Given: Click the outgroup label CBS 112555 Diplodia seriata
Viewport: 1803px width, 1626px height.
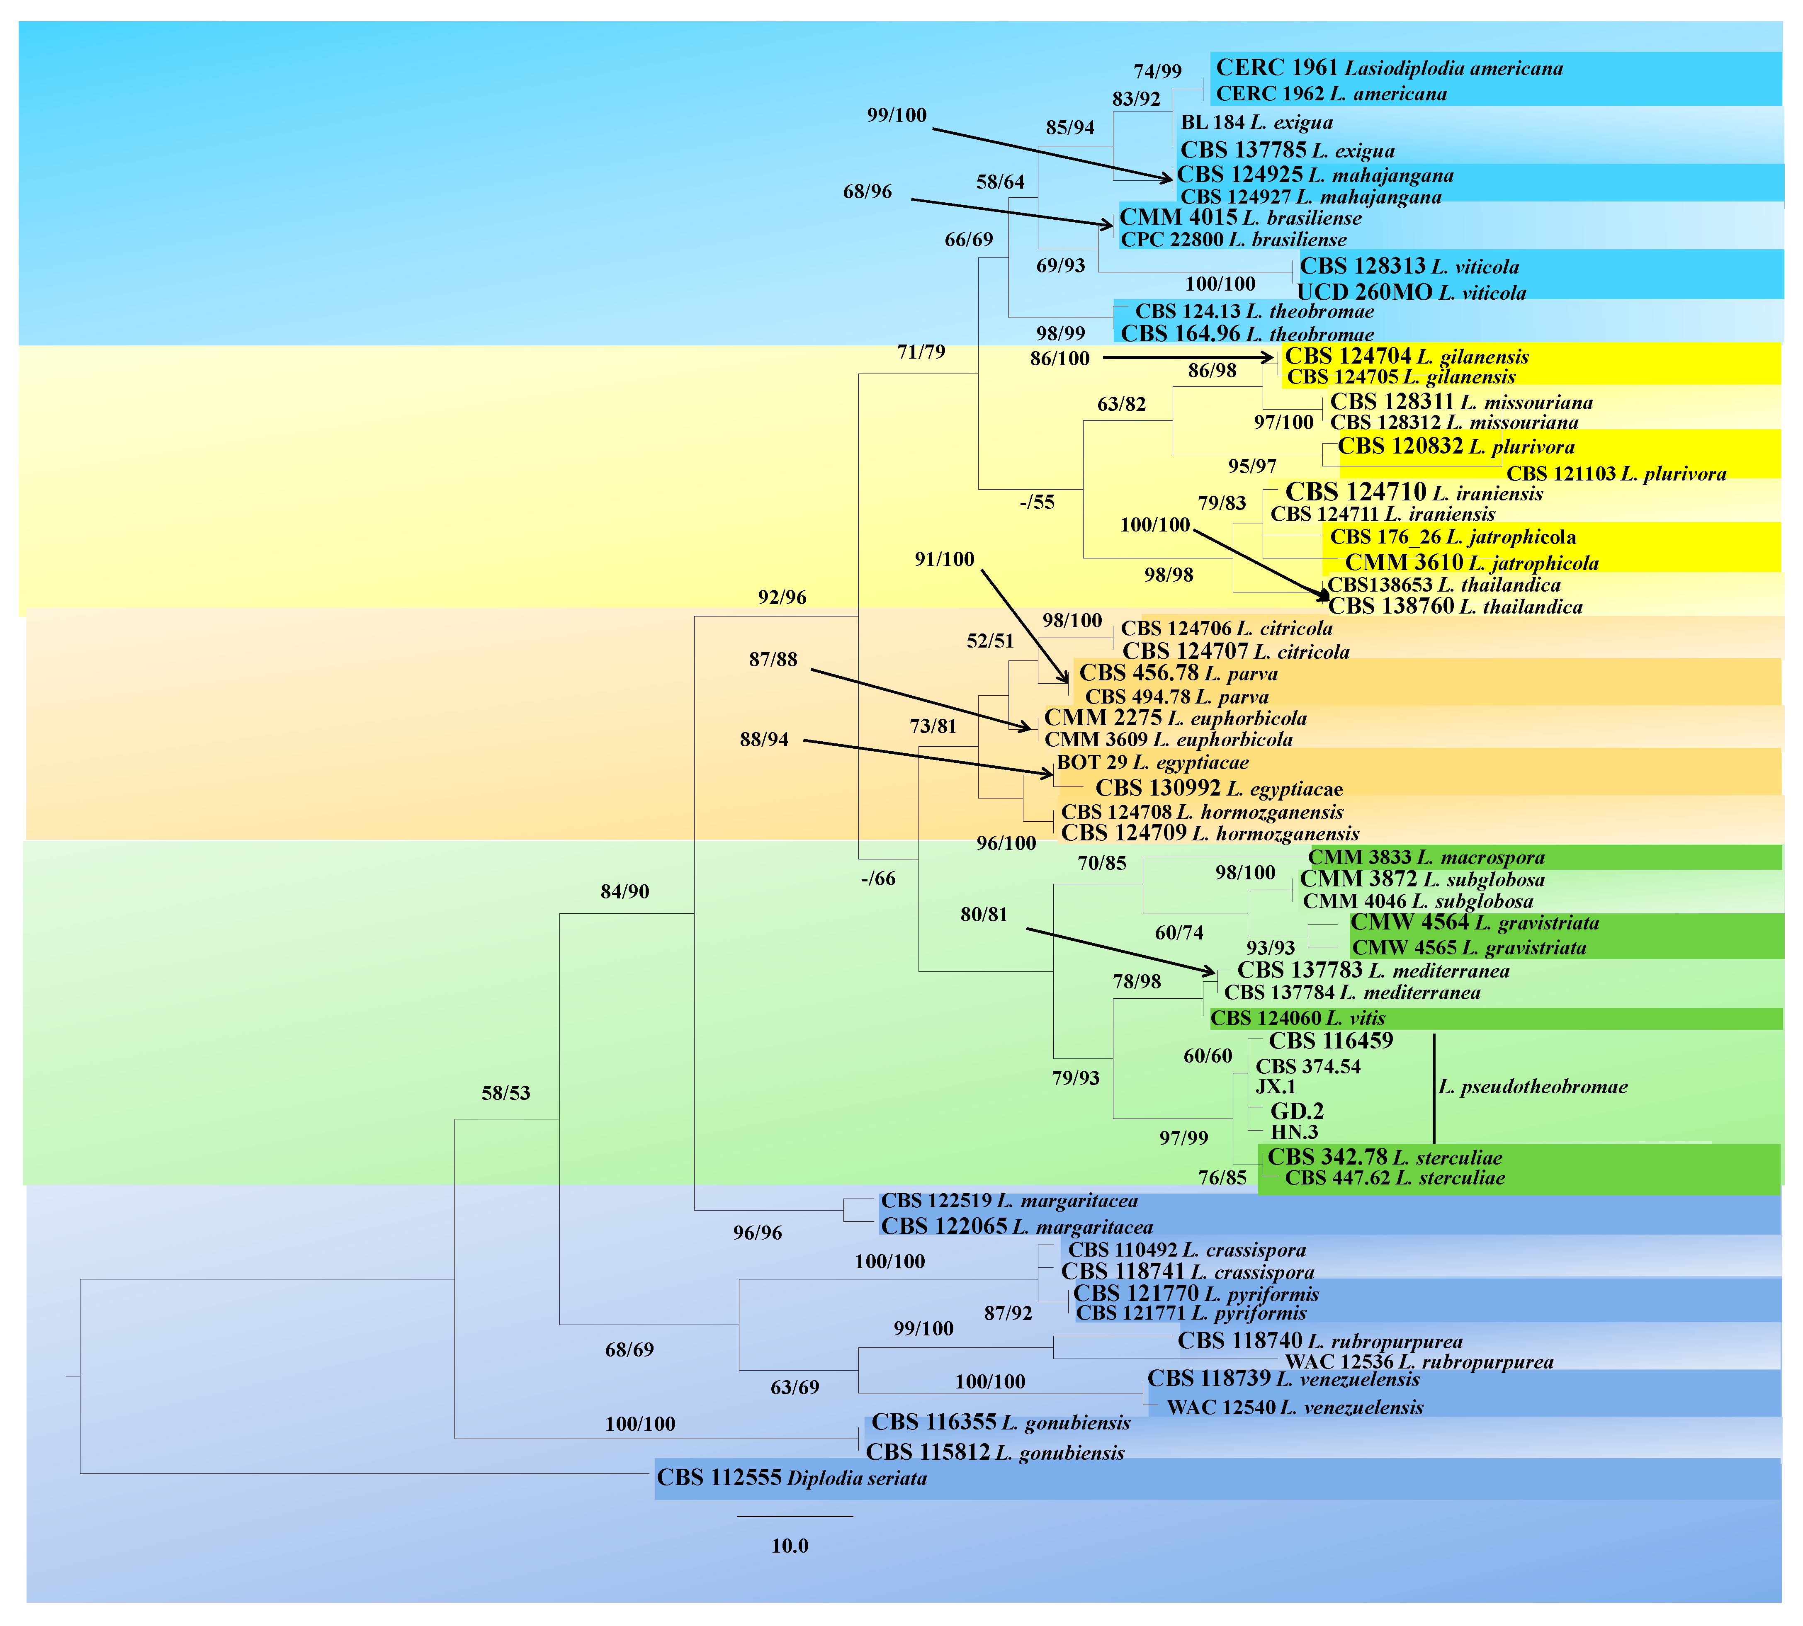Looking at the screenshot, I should [792, 1478].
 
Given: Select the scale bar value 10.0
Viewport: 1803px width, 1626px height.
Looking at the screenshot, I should [790, 1546].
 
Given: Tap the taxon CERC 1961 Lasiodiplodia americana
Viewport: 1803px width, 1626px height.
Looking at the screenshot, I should [1389, 68].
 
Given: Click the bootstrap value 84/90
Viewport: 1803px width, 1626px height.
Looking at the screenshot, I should [624, 892].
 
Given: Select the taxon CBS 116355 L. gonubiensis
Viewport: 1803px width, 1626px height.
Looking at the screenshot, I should [1001, 1422].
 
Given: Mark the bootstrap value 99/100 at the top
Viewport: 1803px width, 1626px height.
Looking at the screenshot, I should [896, 115].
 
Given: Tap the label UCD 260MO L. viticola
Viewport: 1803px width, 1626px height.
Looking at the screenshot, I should [1412, 292].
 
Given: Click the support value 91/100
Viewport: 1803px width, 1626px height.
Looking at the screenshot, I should [944, 559].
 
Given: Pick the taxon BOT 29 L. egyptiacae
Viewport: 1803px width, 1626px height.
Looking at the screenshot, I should [1152, 762].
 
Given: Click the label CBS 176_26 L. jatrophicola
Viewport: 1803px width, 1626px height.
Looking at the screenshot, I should [1453, 537].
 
